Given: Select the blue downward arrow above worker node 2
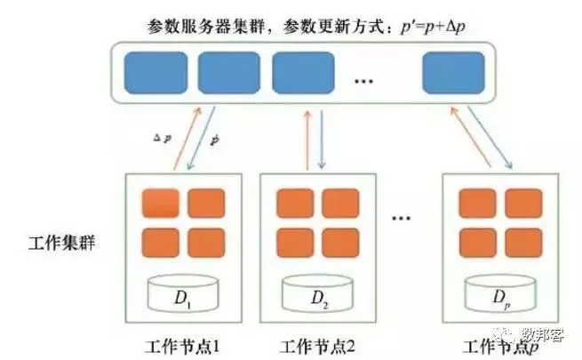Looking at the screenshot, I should [x=322, y=138].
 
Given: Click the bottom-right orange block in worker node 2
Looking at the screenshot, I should [x=340, y=242].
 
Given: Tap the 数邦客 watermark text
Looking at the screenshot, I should [x=541, y=333].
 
